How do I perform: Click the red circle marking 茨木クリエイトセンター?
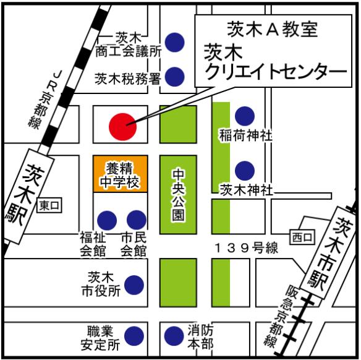pyautogui.click(x=122, y=126)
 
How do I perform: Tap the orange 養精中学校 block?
pyautogui.click(x=120, y=174)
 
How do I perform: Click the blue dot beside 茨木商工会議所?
pyautogui.click(x=175, y=41)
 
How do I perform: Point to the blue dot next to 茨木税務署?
pyautogui.click(x=175, y=76)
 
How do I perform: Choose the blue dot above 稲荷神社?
pyautogui.click(x=245, y=115)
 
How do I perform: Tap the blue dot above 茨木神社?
pyautogui.click(x=245, y=169)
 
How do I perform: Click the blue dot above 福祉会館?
pyautogui.click(x=107, y=220)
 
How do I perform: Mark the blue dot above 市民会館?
pyautogui.click(x=136, y=220)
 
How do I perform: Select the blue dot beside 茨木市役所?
pyautogui.click(x=134, y=285)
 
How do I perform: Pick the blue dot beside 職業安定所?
pyautogui.click(x=134, y=336)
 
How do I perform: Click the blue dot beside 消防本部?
pyautogui.click(x=174, y=336)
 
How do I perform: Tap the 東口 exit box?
pyautogui.click(x=49, y=205)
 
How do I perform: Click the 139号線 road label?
pyautogui.click(x=246, y=248)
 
